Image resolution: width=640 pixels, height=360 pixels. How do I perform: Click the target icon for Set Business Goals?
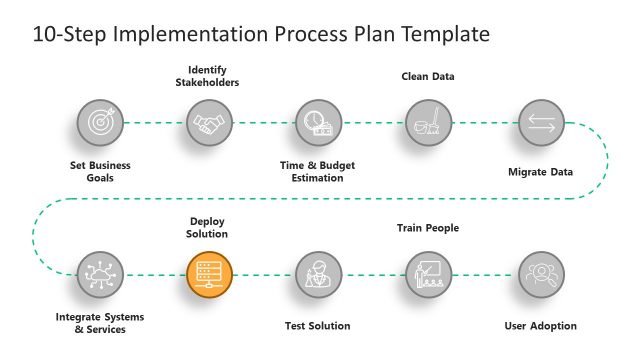pos(100,123)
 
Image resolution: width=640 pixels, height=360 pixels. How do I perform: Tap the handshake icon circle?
pos(209,123)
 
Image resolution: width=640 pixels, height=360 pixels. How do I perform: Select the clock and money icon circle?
pos(319,123)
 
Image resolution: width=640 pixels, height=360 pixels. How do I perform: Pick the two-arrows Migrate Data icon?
pos(541,123)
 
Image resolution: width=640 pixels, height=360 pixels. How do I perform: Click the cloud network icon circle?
pos(100,273)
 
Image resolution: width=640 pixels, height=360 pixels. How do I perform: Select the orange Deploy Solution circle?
pos(209,273)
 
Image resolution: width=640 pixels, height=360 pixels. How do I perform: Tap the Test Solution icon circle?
pos(319,273)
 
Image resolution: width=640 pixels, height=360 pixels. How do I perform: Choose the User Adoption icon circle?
pos(541,273)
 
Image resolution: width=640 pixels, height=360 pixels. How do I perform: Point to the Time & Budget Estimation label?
pos(318,172)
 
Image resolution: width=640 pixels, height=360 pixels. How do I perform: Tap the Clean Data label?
pos(428,75)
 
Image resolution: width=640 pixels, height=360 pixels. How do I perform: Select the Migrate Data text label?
pos(540,172)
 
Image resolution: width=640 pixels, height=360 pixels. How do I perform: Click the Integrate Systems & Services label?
pos(100,323)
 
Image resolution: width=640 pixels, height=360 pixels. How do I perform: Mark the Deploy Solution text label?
pos(209,227)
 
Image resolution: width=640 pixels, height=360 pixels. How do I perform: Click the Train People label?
pos(428,228)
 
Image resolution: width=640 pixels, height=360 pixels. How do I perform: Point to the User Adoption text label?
pos(541,326)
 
